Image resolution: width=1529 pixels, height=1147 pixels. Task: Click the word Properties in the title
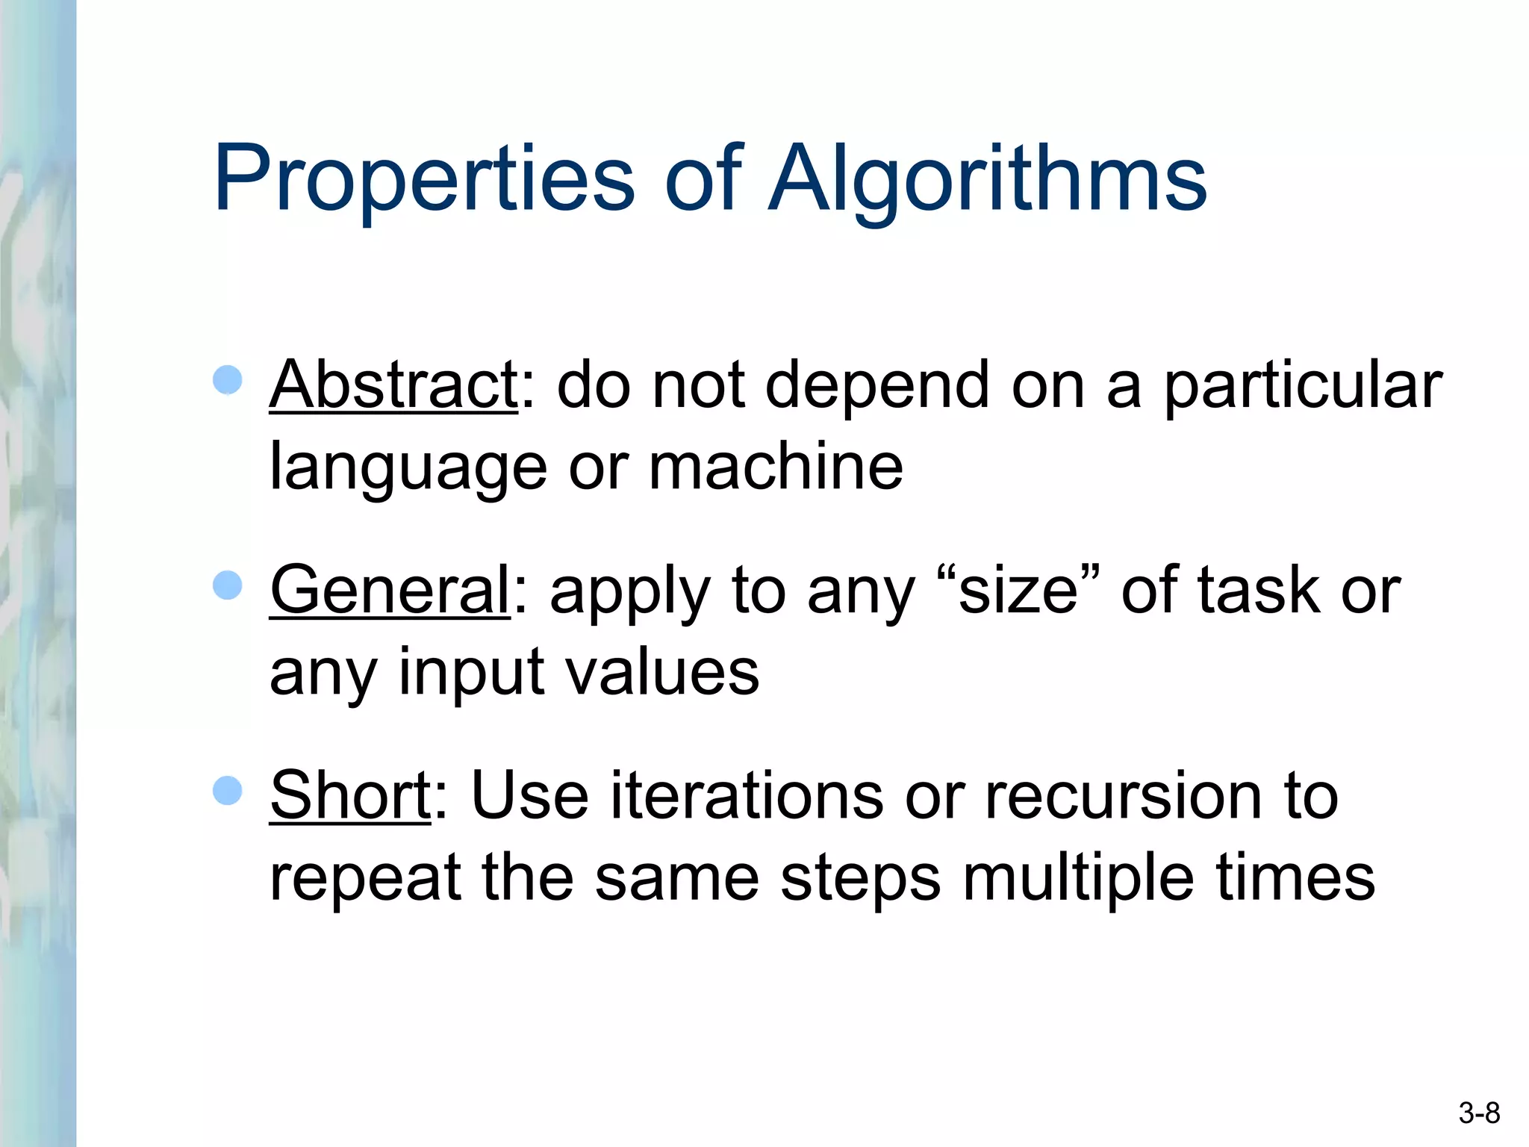coord(423,179)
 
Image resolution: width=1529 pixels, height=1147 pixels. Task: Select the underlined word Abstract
coord(393,385)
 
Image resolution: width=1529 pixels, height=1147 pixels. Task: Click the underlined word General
coord(390,590)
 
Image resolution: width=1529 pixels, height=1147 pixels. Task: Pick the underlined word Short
coord(349,795)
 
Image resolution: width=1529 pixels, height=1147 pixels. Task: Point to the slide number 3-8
coord(1479,1113)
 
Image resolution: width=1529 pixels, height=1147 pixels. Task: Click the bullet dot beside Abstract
coord(228,380)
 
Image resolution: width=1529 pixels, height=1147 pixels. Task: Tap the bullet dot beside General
coord(228,585)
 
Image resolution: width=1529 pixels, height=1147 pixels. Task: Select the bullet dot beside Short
coord(228,791)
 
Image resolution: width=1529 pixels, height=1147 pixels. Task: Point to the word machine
coord(776,466)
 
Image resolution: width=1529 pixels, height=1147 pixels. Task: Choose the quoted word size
coord(1018,591)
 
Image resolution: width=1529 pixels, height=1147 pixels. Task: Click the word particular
coord(1303,387)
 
